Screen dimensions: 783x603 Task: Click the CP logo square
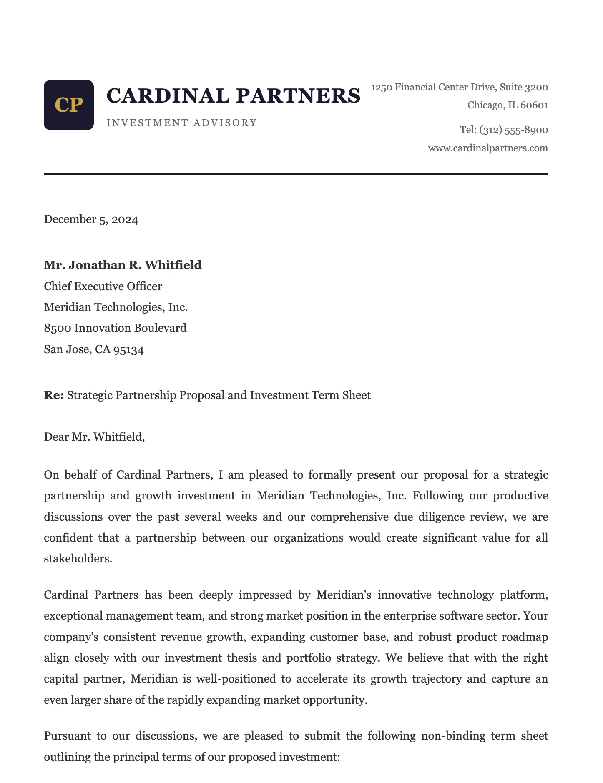pos(69,105)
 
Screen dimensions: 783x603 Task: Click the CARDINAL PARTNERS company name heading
pos(234,95)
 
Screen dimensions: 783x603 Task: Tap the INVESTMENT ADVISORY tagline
pos(182,123)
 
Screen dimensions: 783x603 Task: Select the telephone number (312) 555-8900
pos(513,130)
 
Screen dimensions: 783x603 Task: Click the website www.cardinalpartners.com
pos(488,148)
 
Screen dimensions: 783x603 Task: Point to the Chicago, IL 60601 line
pos(508,105)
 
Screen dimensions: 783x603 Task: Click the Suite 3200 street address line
pos(460,87)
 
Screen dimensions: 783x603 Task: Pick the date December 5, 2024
pos(91,219)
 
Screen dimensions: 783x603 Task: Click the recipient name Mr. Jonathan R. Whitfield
pos(123,265)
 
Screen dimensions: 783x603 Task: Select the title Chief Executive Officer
pos(103,286)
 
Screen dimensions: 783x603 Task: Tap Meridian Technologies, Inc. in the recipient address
pos(116,307)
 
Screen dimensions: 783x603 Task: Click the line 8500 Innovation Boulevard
pos(115,328)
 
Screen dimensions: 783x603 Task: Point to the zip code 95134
pos(128,349)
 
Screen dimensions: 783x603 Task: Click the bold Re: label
pos(54,395)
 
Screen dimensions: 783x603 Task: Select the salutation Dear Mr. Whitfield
pos(94,437)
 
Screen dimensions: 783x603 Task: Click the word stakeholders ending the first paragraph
pos(78,558)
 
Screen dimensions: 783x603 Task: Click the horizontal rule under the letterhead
pos(296,174)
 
